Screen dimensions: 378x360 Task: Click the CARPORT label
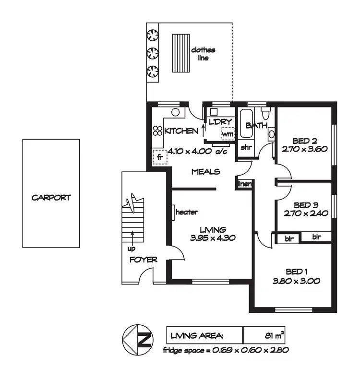[x=51, y=197]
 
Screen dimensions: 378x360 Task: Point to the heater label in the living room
[x=187, y=212]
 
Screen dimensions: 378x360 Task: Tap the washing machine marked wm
[x=227, y=134]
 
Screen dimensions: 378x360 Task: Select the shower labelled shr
[x=246, y=147]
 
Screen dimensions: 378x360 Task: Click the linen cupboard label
[x=245, y=184]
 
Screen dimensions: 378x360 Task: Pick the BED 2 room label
[x=304, y=141]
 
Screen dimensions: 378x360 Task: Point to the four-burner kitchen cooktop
[x=158, y=131]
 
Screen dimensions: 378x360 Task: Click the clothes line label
[x=203, y=53]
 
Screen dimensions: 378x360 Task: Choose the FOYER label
[x=143, y=260]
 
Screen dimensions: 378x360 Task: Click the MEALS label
[x=205, y=172]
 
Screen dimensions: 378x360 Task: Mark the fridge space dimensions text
[x=225, y=350]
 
